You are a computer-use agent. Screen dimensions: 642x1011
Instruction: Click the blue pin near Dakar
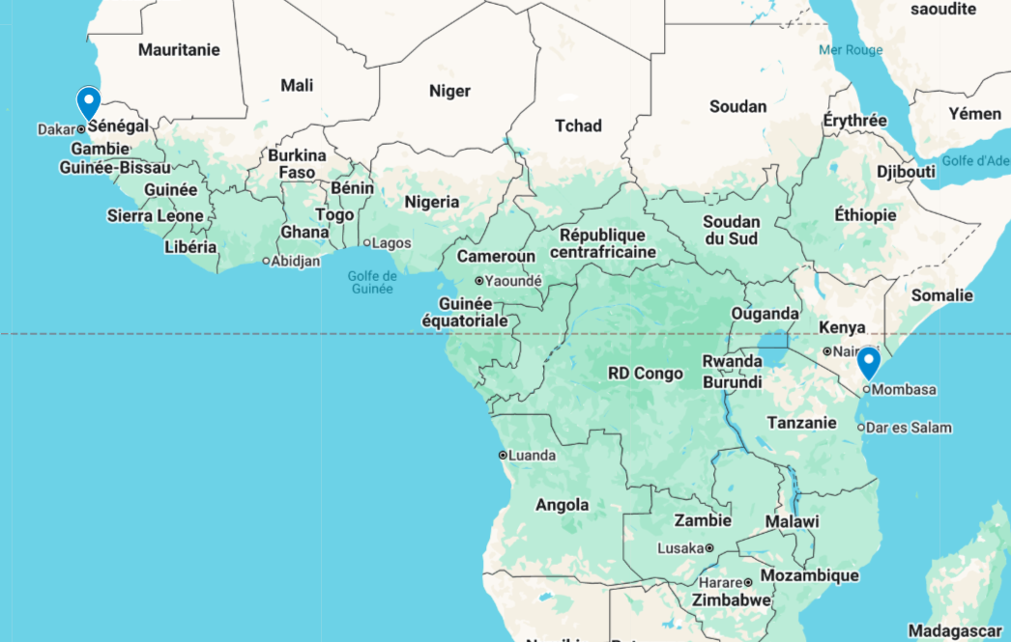tap(89, 101)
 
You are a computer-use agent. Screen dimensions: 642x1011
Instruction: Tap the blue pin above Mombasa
tap(869, 363)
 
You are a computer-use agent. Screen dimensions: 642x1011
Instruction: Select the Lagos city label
tap(390, 242)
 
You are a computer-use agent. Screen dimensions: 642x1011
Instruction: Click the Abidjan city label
tap(295, 261)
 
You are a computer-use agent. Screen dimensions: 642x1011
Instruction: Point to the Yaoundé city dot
tap(478, 281)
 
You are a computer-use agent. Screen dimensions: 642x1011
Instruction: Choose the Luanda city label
tap(532, 455)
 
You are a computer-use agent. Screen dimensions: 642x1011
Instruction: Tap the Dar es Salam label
tap(909, 427)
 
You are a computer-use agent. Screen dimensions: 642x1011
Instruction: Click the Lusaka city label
tap(680, 547)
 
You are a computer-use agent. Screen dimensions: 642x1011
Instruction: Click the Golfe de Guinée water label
tap(372, 282)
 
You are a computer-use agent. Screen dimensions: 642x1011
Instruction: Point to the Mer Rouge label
tap(851, 50)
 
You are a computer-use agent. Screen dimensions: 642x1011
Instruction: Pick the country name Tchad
tap(578, 126)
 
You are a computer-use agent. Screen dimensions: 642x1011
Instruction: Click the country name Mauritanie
tap(179, 49)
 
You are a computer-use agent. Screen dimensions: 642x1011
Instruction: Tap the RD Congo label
tap(645, 373)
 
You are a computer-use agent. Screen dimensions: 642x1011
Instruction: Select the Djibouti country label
tap(906, 171)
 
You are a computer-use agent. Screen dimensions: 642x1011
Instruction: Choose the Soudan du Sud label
tap(732, 230)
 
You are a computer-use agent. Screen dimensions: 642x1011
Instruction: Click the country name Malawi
tap(792, 521)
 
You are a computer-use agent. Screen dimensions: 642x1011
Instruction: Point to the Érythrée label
tap(854, 121)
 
